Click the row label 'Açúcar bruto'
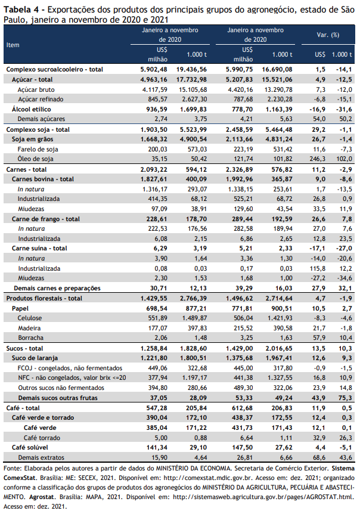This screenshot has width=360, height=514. click(x=36, y=89)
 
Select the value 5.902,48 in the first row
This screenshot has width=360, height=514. click(x=154, y=69)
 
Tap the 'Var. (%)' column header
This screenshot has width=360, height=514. click(x=328, y=35)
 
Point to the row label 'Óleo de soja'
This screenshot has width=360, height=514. click(x=35, y=159)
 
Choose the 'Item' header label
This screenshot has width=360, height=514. click(x=13, y=45)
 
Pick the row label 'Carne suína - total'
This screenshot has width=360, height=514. click(x=39, y=248)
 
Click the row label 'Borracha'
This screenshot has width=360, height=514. click(x=31, y=337)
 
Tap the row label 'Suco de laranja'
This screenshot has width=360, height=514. click(x=35, y=358)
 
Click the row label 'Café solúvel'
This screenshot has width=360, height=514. click(x=30, y=447)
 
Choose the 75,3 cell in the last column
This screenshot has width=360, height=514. click(x=346, y=398)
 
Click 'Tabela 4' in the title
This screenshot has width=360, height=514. click(x=20, y=10)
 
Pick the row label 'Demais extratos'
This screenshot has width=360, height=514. click(x=41, y=457)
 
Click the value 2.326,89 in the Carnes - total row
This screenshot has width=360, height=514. click(x=239, y=169)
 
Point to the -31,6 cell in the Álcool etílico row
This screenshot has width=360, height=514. click(x=344, y=109)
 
